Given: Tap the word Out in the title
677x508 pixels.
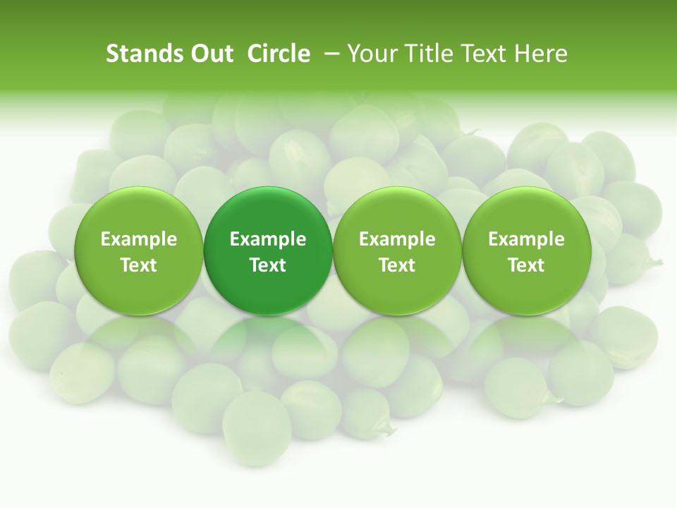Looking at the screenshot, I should tap(211, 54).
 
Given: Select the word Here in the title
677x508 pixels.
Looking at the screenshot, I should tap(541, 54).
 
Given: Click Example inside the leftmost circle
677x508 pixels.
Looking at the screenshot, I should tap(139, 239).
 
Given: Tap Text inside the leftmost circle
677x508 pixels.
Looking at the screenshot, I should tap(139, 265).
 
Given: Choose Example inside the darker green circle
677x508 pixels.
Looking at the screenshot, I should tap(268, 239).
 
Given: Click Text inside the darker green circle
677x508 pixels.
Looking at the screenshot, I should tap(268, 265).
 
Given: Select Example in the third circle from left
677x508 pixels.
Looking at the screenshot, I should tap(397, 239).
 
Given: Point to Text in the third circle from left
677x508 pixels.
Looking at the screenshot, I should tap(397, 265).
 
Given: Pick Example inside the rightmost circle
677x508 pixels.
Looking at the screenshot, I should tap(526, 239).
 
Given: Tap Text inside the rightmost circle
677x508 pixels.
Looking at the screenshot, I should tap(526, 265).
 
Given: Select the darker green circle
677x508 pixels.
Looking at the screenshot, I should tap(268, 212).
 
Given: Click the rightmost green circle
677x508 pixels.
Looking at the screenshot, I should tap(526, 212).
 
